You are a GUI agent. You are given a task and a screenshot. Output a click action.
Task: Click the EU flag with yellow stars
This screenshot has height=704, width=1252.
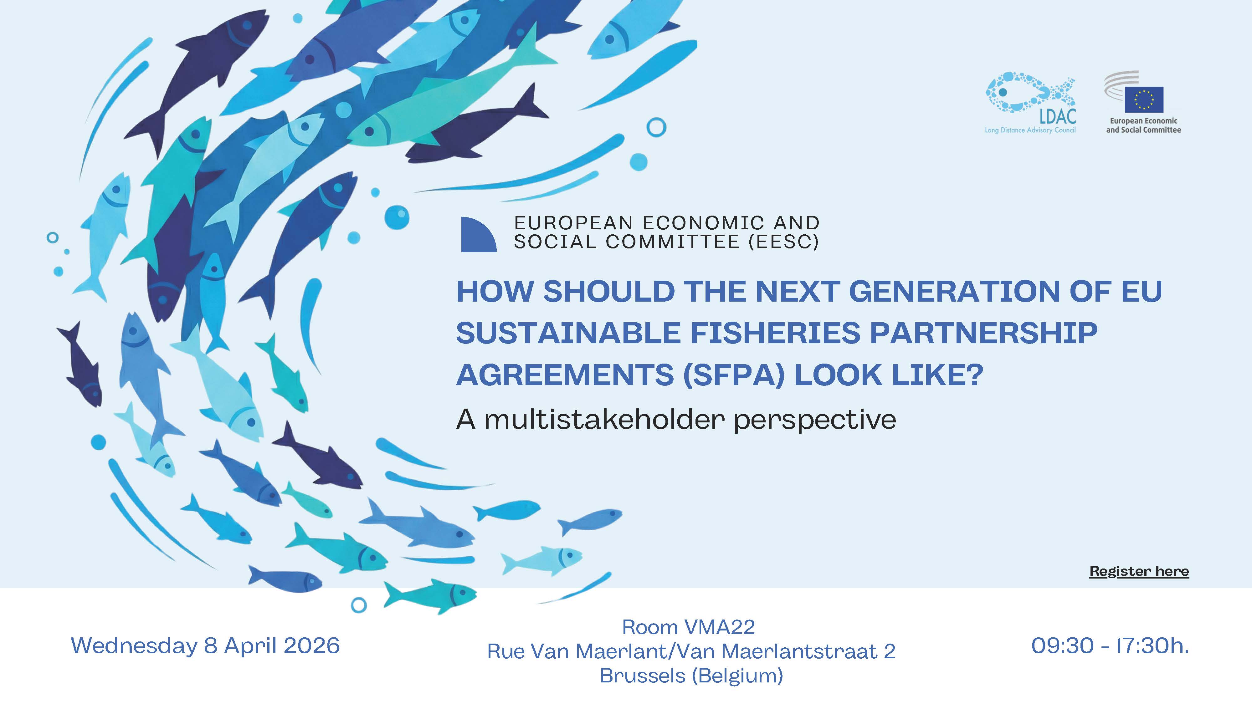[x=1144, y=99]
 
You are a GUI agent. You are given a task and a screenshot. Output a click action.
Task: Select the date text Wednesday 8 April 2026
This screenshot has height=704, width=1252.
[x=205, y=646]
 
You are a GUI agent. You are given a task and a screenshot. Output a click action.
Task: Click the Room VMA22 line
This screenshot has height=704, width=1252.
[x=689, y=627]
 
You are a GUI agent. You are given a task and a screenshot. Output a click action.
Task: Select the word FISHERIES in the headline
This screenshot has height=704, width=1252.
[x=775, y=333]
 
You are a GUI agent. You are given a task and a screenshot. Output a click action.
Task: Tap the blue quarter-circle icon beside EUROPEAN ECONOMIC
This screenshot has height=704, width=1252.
[x=478, y=235]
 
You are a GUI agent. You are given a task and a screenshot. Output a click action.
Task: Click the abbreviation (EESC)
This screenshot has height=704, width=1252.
[x=783, y=242]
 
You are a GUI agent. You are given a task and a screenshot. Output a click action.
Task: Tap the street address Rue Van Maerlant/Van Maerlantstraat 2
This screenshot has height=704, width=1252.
[x=691, y=651]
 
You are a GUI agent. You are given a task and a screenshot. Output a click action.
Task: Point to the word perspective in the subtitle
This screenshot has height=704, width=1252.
[x=814, y=420]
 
